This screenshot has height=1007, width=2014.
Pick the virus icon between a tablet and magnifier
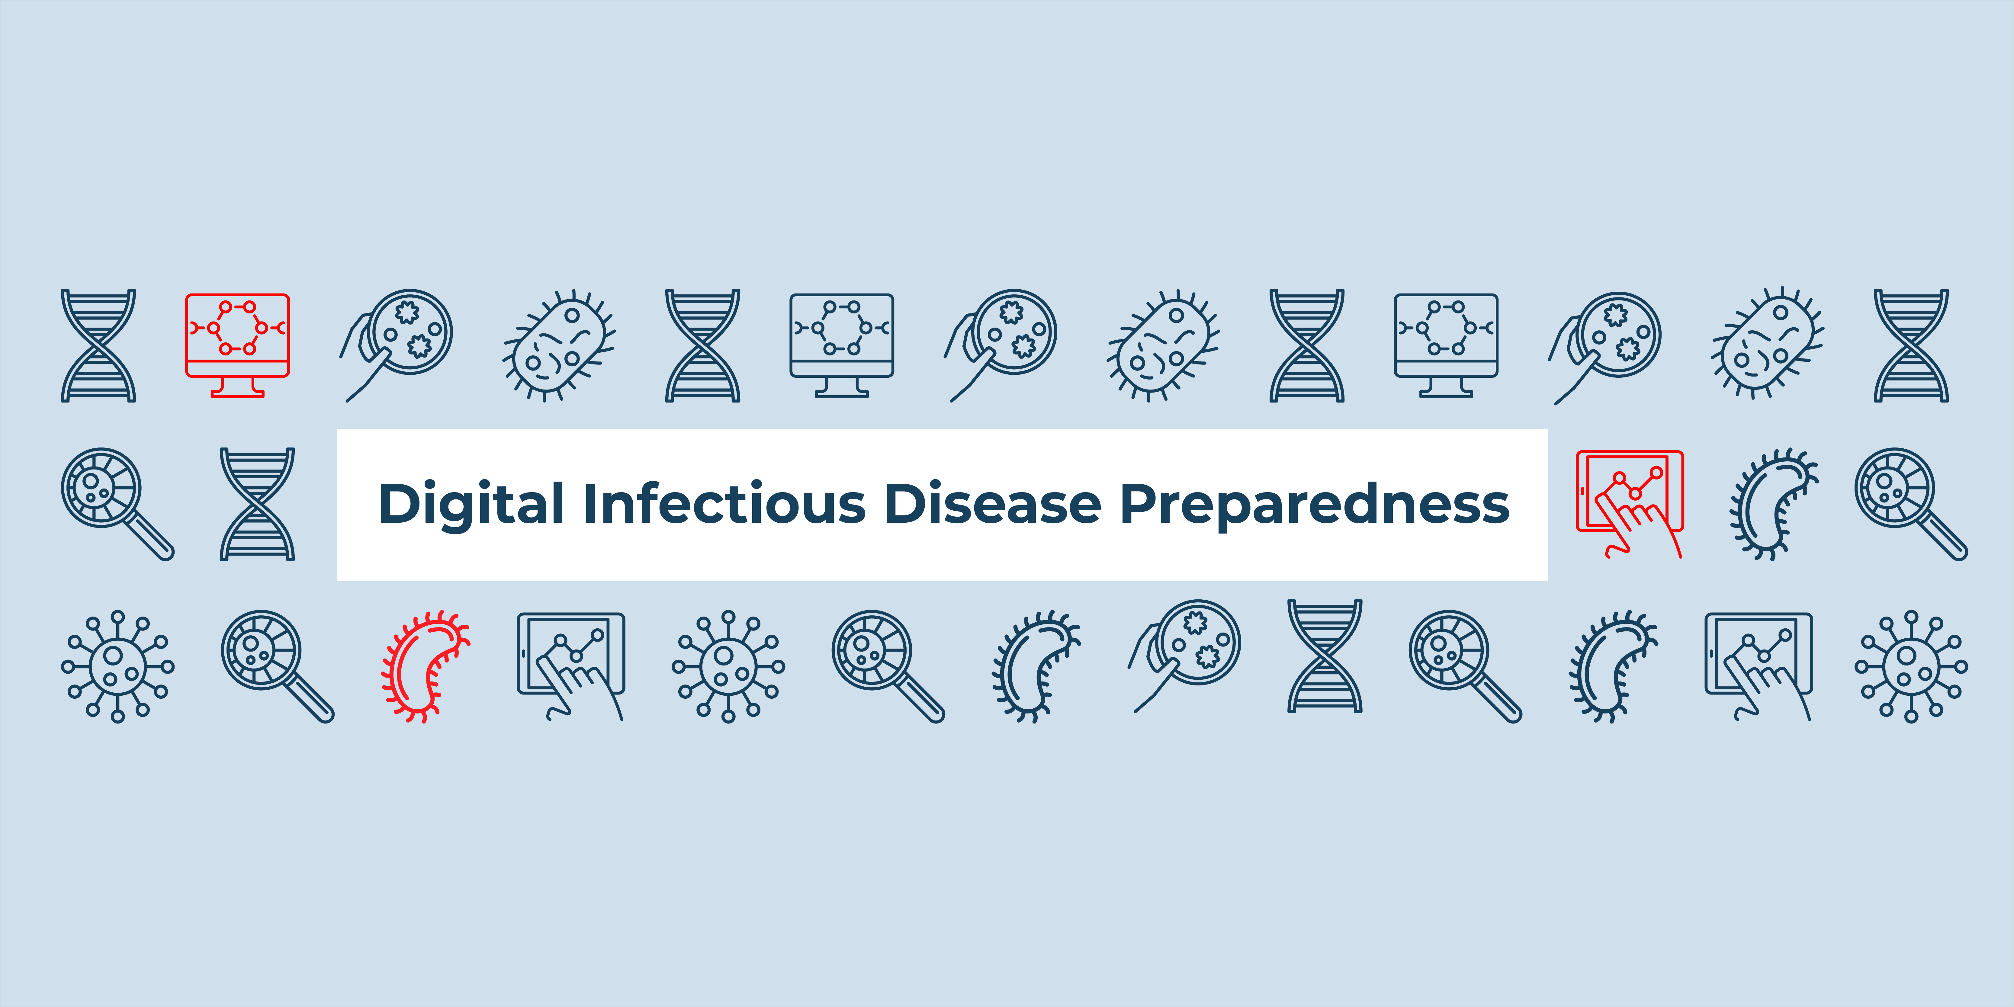(x=728, y=666)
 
